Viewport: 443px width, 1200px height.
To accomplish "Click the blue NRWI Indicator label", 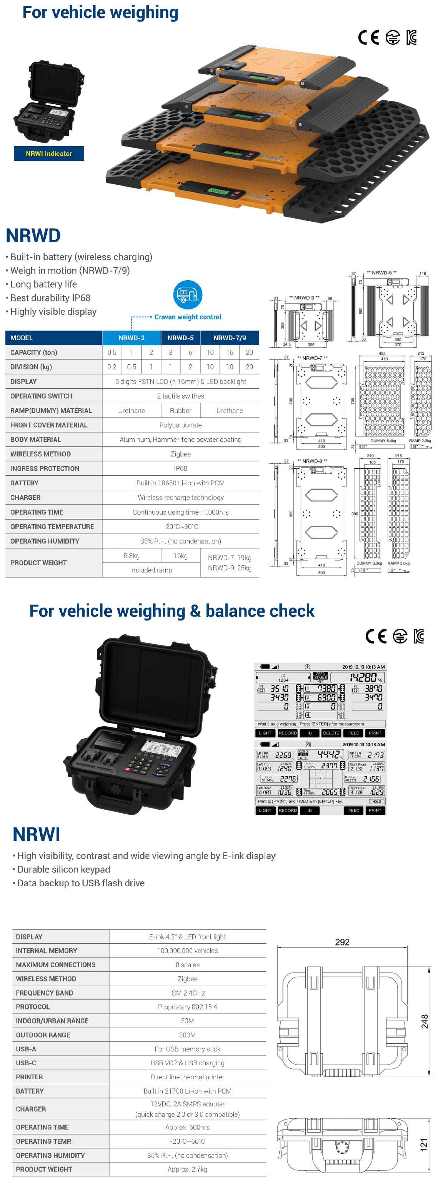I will click(49, 154).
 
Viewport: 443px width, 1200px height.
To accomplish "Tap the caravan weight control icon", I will click(188, 294).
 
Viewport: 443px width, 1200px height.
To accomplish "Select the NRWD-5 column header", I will click(181, 338).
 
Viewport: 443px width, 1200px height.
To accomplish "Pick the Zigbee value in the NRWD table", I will click(181, 454).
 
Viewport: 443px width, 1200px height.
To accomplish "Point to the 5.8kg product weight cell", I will click(132, 556).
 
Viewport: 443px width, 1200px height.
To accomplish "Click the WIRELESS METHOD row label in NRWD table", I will click(40, 454).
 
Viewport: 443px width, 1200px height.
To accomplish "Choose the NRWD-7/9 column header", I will click(230, 338).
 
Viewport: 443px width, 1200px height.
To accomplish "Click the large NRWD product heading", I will click(33, 236).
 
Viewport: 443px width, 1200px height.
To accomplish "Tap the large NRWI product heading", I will click(36, 834).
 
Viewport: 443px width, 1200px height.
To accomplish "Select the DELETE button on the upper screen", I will click(331, 733).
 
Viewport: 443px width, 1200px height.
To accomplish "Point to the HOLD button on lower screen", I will click(376, 802).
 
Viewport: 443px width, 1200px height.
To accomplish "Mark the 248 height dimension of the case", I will click(425, 1021).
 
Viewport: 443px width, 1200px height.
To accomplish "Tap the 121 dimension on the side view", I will click(423, 1145).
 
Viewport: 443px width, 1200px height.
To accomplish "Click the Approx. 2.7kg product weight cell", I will click(188, 1169).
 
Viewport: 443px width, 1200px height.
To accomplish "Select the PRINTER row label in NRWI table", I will click(29, 1077).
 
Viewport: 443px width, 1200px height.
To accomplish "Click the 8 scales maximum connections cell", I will click(188, 965).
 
